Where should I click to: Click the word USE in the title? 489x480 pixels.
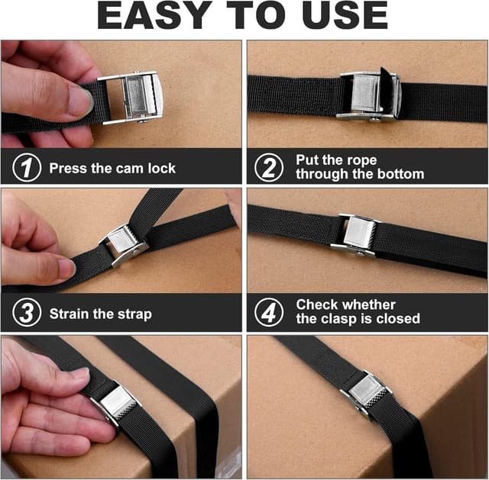pyautogui.click(x=342, y=17)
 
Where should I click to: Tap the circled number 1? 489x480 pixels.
pyautogui.click(x=27, y=168)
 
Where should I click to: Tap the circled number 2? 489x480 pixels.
pyautogui.click(x=268, y=167)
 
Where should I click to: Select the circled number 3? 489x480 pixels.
pyautogui.click(x=27, y=314)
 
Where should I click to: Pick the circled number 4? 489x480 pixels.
pyautogui.click(x=268, y=313)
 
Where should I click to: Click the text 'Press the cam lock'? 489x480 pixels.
pyautogui.click(x=112, y=168)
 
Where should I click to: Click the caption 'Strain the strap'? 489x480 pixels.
pyautogui.click(x=100, y=314)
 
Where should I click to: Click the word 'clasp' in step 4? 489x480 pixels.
pyautogui.click(x=341, y=319)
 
